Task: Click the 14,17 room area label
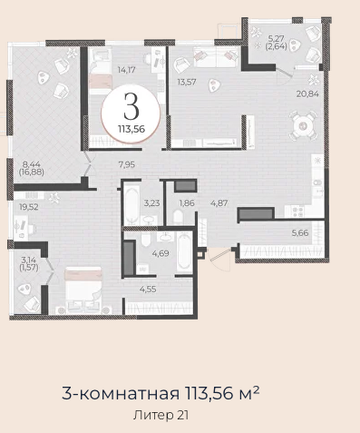(x=126, y=70)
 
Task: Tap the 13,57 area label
(x=187, y=82)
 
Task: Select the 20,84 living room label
(x=307, y=93)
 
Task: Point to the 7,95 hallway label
(x=127, y=165)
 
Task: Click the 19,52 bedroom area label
(x=29, y=207)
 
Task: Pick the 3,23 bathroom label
(x=151, y=203)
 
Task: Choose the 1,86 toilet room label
(x=187, y=203)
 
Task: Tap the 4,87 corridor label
(x=219, y=203)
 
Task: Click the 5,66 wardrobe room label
(x=300, y=233)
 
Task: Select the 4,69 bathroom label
(x=161, y=253)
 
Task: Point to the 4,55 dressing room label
(x=148, y=290)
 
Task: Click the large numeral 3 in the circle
(x=131, y=106)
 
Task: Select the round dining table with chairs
(x=303, y=125)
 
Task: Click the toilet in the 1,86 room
(x=179, y=217)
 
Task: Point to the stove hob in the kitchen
(x=297, y=212)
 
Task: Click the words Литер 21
(x=161, y=415)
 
